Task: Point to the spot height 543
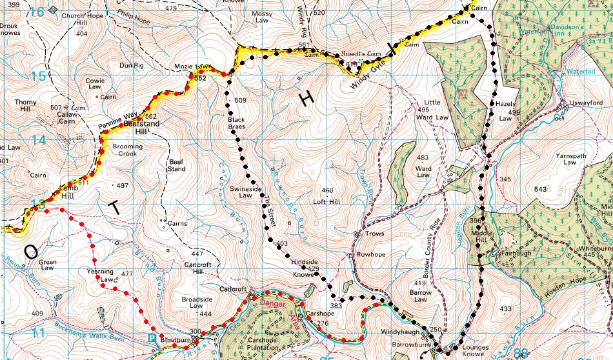pos(540,189)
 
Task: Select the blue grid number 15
pos(39,77)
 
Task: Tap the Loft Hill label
pos(327,201)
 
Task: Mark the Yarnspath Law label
pos(569,159)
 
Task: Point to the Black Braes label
pos(236,123)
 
